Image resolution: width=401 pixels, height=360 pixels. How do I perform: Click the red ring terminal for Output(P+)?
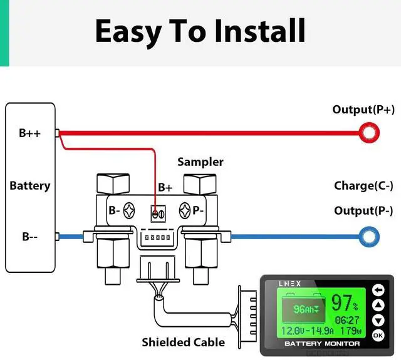(x=369, y=132)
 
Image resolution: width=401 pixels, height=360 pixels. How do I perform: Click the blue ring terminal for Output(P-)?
(x=369, y=237)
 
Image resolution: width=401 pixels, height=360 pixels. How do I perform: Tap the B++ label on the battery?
(x=29, y=133)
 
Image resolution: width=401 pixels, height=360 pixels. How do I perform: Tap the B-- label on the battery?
(x=29, y=237)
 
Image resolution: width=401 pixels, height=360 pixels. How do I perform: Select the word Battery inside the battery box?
(x=29, y=186)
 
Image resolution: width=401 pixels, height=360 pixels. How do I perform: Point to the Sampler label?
(x=200, y=162)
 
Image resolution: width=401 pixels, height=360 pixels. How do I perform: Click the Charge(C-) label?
(x=363, y=186)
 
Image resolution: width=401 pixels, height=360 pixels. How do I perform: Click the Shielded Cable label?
(x=183, y=342)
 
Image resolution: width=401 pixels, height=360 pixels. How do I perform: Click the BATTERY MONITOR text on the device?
(x=322, y=344)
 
